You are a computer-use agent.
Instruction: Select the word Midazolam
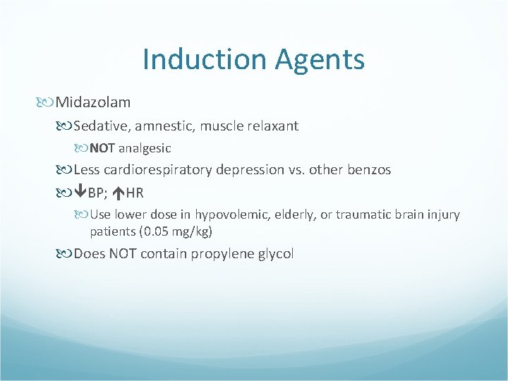click(x=93, y=103)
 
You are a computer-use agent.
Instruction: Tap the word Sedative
click(x=100, y=126)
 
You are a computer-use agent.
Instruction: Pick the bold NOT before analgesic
click(x=102, y=149)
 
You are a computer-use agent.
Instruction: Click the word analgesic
click(x=145, y=149)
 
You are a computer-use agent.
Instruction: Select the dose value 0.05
click(x=159, y=231)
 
